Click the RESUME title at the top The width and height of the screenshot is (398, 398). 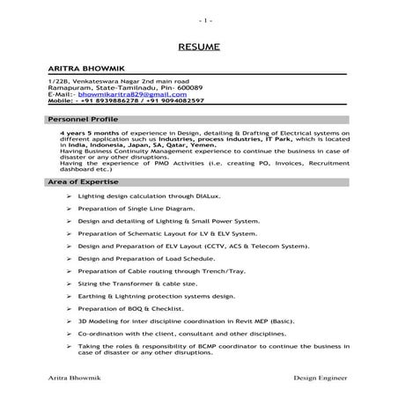click(199, 46)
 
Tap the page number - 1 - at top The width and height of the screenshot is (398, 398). click(199, 18)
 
